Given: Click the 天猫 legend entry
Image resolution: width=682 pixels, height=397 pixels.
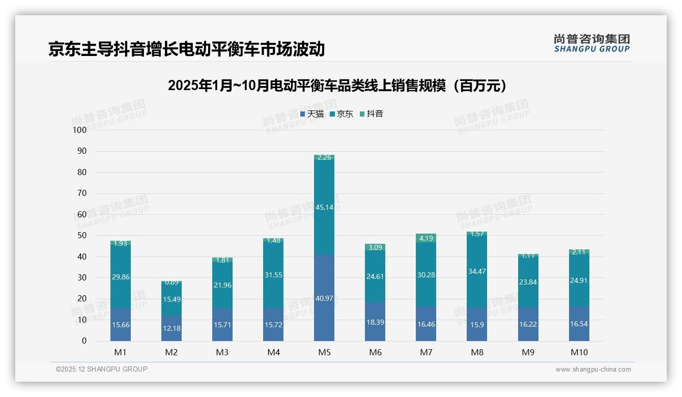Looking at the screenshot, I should click(x=312, y=114).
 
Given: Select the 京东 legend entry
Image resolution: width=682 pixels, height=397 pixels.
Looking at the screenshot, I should click(x=342, y=114).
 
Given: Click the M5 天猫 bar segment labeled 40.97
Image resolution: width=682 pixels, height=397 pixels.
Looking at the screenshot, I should click(x=324, y=298).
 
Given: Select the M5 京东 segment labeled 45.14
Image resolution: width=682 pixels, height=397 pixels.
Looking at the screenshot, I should click(x=324, y=207).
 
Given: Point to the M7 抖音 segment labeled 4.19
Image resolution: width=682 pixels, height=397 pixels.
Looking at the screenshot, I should click(x=426, y=238).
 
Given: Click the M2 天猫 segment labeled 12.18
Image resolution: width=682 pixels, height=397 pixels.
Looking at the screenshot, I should click(x=172, y=328).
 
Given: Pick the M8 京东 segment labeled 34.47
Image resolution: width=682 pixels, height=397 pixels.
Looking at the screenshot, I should click(x=477, y=271).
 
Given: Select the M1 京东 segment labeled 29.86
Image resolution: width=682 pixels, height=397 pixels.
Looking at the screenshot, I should click(x=121, y=276).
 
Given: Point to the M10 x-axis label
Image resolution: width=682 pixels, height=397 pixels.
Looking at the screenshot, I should click(x=579, y=352).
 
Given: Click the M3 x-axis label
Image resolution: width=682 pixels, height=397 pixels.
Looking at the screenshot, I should click(x=222, y=352).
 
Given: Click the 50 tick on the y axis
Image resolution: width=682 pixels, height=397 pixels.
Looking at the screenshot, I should click(x=82, y=236).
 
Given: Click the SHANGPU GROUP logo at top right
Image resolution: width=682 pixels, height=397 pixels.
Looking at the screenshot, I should click(x=591, y=43).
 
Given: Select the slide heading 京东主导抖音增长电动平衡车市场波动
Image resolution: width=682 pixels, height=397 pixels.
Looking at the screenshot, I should click(x=186, y=49).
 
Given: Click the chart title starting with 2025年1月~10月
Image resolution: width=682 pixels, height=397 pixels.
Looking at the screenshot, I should click(x=338, y=86).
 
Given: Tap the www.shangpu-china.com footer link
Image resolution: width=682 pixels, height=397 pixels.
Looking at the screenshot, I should click(x=593, y=370).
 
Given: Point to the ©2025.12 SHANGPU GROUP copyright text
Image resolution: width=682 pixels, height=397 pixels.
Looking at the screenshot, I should click(x=102, y=369).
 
